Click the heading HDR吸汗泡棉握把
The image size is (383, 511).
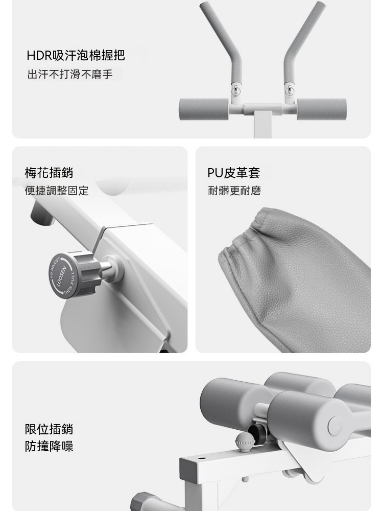tap(76, 55)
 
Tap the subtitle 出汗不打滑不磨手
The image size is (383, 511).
tap(70, 74)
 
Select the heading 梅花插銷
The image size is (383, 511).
tap(49, 172)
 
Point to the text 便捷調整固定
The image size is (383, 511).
tap(57, 191)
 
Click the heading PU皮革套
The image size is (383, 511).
tap(233, 173)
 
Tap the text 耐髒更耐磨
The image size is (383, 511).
tap(234, 191)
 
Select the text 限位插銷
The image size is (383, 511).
tap(49, 429)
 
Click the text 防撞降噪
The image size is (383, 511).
tap(49, 446)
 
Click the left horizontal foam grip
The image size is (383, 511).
tap(204, 109)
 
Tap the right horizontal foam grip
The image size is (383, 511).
tap(321, 109)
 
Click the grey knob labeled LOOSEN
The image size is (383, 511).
tap(73, 274)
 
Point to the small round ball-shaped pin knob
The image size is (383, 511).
tap(243, 442)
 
